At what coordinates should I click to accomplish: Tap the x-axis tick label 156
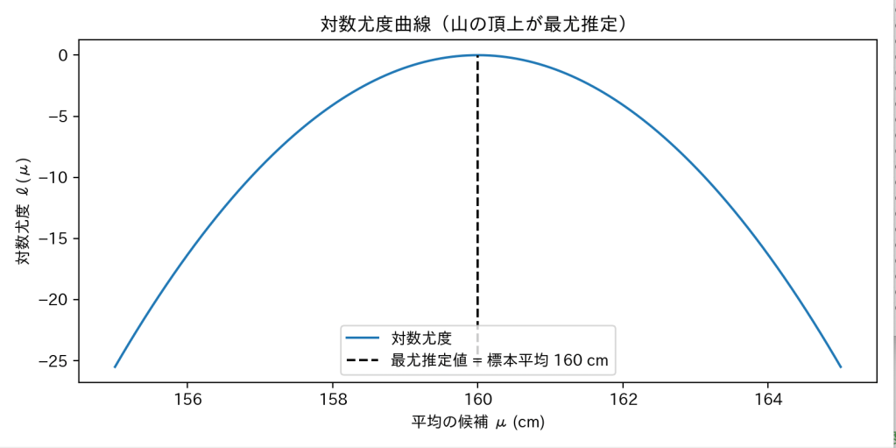[x=187, y=400]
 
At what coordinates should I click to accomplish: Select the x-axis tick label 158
[x=333, y=400]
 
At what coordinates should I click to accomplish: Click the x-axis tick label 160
[x=477, y=400]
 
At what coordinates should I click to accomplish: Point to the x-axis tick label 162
[x=623, y=400]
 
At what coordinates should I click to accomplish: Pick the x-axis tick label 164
[x=768, y=400]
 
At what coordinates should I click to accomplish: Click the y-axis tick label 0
[x=63, y=55]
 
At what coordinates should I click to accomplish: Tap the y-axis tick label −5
[x=57, y=117]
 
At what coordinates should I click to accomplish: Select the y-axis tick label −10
[x=53, y=178]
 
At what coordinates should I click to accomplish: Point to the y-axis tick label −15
[x=53, y=238]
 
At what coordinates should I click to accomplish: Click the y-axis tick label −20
[x=53, y=300]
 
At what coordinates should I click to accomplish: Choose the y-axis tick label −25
[x=53, y=361]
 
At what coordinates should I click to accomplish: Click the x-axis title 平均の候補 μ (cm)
[x=477, y=423]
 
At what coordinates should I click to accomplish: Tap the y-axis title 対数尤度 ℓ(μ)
[x=24, y=210]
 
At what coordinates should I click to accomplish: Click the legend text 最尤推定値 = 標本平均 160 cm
[x=499, y=359]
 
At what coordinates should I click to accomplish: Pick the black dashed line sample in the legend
[x=363, y=359]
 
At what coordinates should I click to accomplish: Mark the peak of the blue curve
[x=477, y=55]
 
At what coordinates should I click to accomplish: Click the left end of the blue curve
[x=115, y=367]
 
